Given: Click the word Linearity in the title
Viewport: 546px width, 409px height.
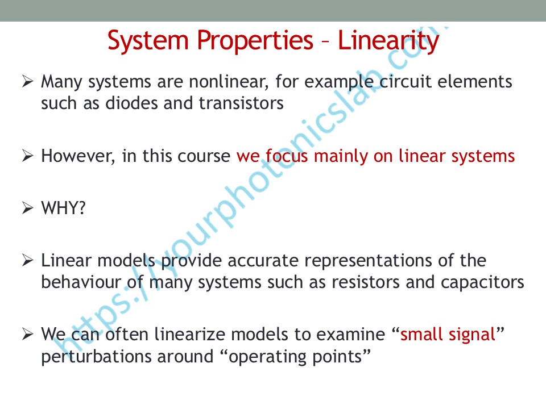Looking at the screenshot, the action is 388,41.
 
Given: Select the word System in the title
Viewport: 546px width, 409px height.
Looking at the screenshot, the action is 148,41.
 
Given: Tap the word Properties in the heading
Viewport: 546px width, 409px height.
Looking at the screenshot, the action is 255,41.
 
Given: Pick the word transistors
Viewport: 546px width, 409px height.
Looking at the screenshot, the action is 241,103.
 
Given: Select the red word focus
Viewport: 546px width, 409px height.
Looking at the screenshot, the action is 287,156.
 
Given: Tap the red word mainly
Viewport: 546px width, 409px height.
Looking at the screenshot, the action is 341,156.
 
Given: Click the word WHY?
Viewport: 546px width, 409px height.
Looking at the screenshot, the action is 63,208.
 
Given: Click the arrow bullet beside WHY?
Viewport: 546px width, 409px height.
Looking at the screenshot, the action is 27,208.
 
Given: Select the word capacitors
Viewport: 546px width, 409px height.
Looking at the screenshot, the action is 483,283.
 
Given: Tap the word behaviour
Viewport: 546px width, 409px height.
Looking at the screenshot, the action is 81,282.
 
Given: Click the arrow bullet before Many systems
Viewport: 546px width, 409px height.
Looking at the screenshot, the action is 27,81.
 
